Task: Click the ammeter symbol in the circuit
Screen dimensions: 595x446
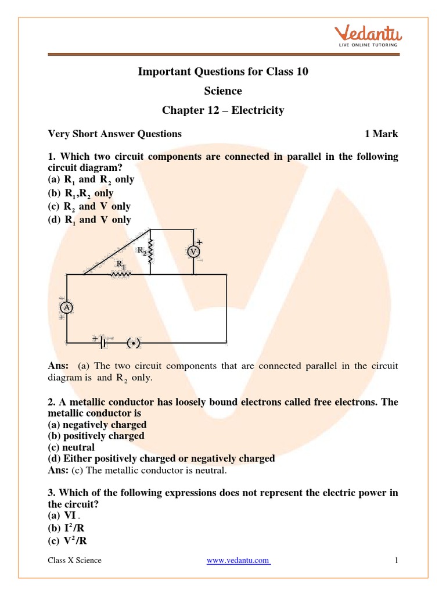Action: click(67, 309)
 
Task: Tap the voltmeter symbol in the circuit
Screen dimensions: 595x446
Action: click(193, 251)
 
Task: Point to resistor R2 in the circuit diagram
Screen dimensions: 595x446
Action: click(150, 251)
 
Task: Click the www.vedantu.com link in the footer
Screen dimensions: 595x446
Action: click(239, 560)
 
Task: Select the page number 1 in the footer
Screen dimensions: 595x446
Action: click(395, 560)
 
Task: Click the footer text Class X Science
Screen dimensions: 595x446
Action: click(74, 560)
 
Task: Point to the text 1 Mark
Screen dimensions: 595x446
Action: click(381, 134)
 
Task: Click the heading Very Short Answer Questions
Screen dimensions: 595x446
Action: click(114, 134)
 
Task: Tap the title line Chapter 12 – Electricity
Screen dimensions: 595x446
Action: click(223, 110)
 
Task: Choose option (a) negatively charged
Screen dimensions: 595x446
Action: click(97, 425)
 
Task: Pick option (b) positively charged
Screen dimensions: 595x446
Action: click(96, 436)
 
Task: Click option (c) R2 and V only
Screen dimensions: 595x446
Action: click(89, 206)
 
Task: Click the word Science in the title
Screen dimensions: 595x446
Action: click(223, 91)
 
